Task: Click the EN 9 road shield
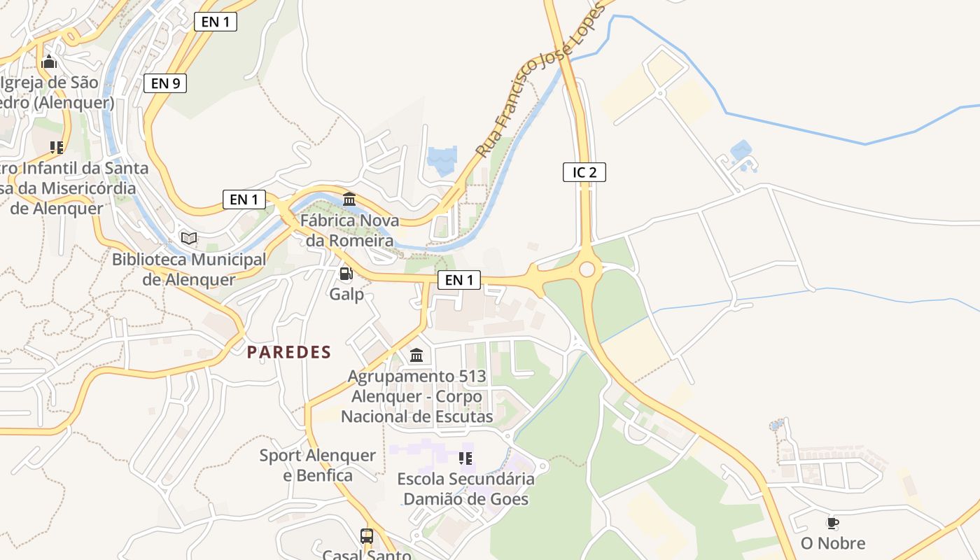click(165, 83)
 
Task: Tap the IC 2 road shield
click(584, 172)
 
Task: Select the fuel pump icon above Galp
click(346, 274)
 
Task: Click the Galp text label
click(347, 294)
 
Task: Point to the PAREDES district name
click(288, 352)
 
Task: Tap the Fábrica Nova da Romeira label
click(350, 231)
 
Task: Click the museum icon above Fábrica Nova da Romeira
click(349, 199)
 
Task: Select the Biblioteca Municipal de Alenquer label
click(189, 269)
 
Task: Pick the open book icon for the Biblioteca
click(189, 238)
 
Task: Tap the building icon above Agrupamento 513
click(416, 356)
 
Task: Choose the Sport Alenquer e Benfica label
click(318, 465)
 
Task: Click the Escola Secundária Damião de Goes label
click(465, 489)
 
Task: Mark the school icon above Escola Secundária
click(465, 458)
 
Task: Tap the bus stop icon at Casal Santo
click(367, 536)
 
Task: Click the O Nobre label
click(833, 543)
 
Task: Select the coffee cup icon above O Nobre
click(832, 523)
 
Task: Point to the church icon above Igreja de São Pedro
click(48, 62)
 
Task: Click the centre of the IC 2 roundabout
click(587, 269)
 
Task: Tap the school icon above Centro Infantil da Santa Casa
click(57, 148)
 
